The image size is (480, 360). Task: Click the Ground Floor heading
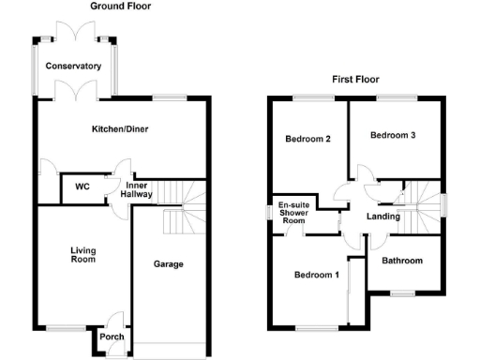pos(120,6)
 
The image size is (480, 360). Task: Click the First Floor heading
pos(354,80)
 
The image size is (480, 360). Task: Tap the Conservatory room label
pos(74,67)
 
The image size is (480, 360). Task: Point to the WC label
pos(82,187)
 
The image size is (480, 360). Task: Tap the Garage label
pos(168,264)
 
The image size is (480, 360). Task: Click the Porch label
pos(112,337)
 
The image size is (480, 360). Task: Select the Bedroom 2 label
pos(307,140)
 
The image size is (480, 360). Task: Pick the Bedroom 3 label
pos(392,135)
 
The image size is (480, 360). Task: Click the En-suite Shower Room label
pos(293,213)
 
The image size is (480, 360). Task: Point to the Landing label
pos(383,217)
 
